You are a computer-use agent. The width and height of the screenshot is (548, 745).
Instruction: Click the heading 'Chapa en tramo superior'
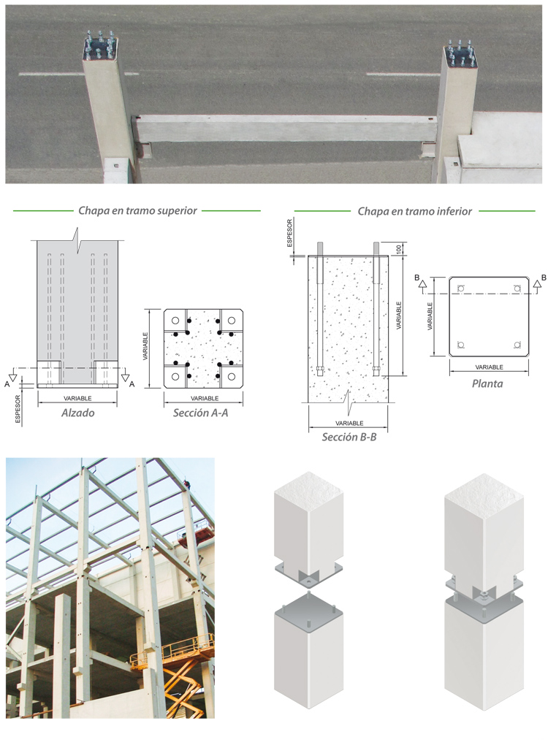tap(137, 210)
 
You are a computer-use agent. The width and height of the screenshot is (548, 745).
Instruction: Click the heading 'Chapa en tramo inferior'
tap(414, 211)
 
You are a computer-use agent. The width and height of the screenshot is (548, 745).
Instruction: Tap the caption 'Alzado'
tap(78, 413)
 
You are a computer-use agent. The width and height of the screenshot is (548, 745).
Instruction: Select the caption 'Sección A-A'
tap(201, 413)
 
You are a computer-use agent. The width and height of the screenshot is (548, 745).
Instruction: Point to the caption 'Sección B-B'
tap(349, 437)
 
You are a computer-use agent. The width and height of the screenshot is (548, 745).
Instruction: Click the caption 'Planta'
tap(487, 383)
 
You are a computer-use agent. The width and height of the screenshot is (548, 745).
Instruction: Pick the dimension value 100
tap(399, 248)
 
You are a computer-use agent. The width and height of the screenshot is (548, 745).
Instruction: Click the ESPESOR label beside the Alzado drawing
tap(18, 408)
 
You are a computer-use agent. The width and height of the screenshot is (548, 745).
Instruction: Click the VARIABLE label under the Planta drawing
tap(489, 367)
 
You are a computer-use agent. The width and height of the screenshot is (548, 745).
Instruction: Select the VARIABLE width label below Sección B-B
tap(349, 424)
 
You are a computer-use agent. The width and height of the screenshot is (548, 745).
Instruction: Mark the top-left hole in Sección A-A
tap(175, 321)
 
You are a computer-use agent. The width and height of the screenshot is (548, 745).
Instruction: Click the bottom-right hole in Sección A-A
tap(232, 377)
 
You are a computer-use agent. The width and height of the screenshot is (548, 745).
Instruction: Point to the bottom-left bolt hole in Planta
tap(460, 345)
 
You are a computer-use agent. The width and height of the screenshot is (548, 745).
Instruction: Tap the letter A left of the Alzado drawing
tap(7, 384)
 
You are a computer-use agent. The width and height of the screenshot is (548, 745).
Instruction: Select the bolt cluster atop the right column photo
tap(460, 53)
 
